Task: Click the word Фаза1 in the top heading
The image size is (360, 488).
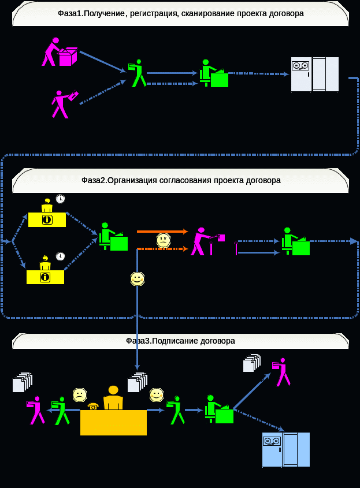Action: click(71, 13)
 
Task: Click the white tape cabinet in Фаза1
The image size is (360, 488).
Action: click(314, 74)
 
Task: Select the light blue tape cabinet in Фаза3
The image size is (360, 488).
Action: click(285, 449)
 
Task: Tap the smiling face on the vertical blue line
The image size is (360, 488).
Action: click(137, 278)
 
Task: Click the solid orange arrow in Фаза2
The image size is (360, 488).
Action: click(162, 231)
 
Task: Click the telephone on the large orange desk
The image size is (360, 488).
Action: click(93, 406)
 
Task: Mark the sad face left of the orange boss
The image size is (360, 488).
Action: click(79, 395)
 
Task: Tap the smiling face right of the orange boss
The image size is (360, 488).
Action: click(156, 394)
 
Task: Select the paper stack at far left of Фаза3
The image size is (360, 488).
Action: click(22, 383)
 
